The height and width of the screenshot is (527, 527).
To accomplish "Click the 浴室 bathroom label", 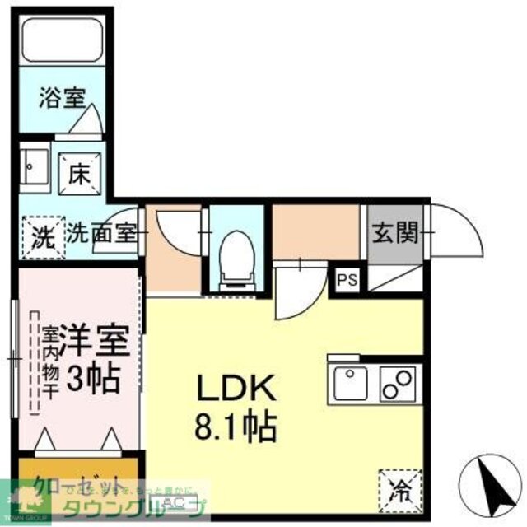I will [62, 97].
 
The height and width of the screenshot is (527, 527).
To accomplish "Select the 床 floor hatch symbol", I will [79, 174].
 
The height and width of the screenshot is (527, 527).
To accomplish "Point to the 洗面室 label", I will [102, 234].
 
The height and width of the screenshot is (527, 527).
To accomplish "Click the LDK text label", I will [226, 389].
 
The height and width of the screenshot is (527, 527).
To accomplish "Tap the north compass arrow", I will [489, 477].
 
